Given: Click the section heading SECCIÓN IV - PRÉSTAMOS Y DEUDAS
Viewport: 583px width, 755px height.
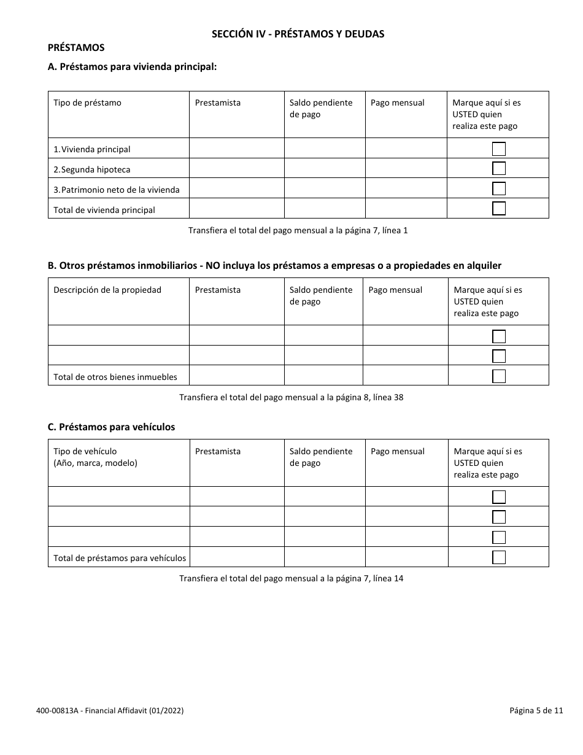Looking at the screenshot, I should point(298,34).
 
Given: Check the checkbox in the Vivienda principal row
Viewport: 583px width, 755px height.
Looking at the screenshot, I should point(499,149).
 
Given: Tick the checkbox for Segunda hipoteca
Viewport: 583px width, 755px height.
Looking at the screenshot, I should point(499,169).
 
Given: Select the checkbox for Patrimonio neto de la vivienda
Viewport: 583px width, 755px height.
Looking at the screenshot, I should point(499,189).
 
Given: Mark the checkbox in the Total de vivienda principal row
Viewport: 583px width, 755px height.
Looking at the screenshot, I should point(499,209).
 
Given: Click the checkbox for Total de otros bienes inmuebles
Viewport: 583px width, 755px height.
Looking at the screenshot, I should point(499,376).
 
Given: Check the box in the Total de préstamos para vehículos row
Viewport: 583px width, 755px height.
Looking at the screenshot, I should point(499,557).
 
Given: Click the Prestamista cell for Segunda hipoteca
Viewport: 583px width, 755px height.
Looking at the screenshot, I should point(236,169).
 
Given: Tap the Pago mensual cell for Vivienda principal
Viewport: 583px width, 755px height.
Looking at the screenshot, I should point(406,149).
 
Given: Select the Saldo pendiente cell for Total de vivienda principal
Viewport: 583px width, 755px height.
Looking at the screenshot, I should point(325,209).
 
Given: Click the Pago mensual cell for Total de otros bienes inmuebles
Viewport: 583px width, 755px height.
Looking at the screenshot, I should point(406,376).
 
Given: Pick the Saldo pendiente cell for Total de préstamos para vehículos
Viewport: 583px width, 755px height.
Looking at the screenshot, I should point(325,557).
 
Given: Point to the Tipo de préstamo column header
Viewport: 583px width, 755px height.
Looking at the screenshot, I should point(88,103).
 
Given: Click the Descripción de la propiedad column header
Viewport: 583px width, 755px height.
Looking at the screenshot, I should point(107,290).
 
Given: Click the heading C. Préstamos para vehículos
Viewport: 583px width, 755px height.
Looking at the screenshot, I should point(111,427).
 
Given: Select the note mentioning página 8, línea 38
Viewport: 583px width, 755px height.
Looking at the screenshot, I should point(291,397).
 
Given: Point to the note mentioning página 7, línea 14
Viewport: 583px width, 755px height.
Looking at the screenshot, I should point(291,578).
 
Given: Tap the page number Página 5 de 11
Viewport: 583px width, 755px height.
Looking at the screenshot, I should point(536,711).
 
